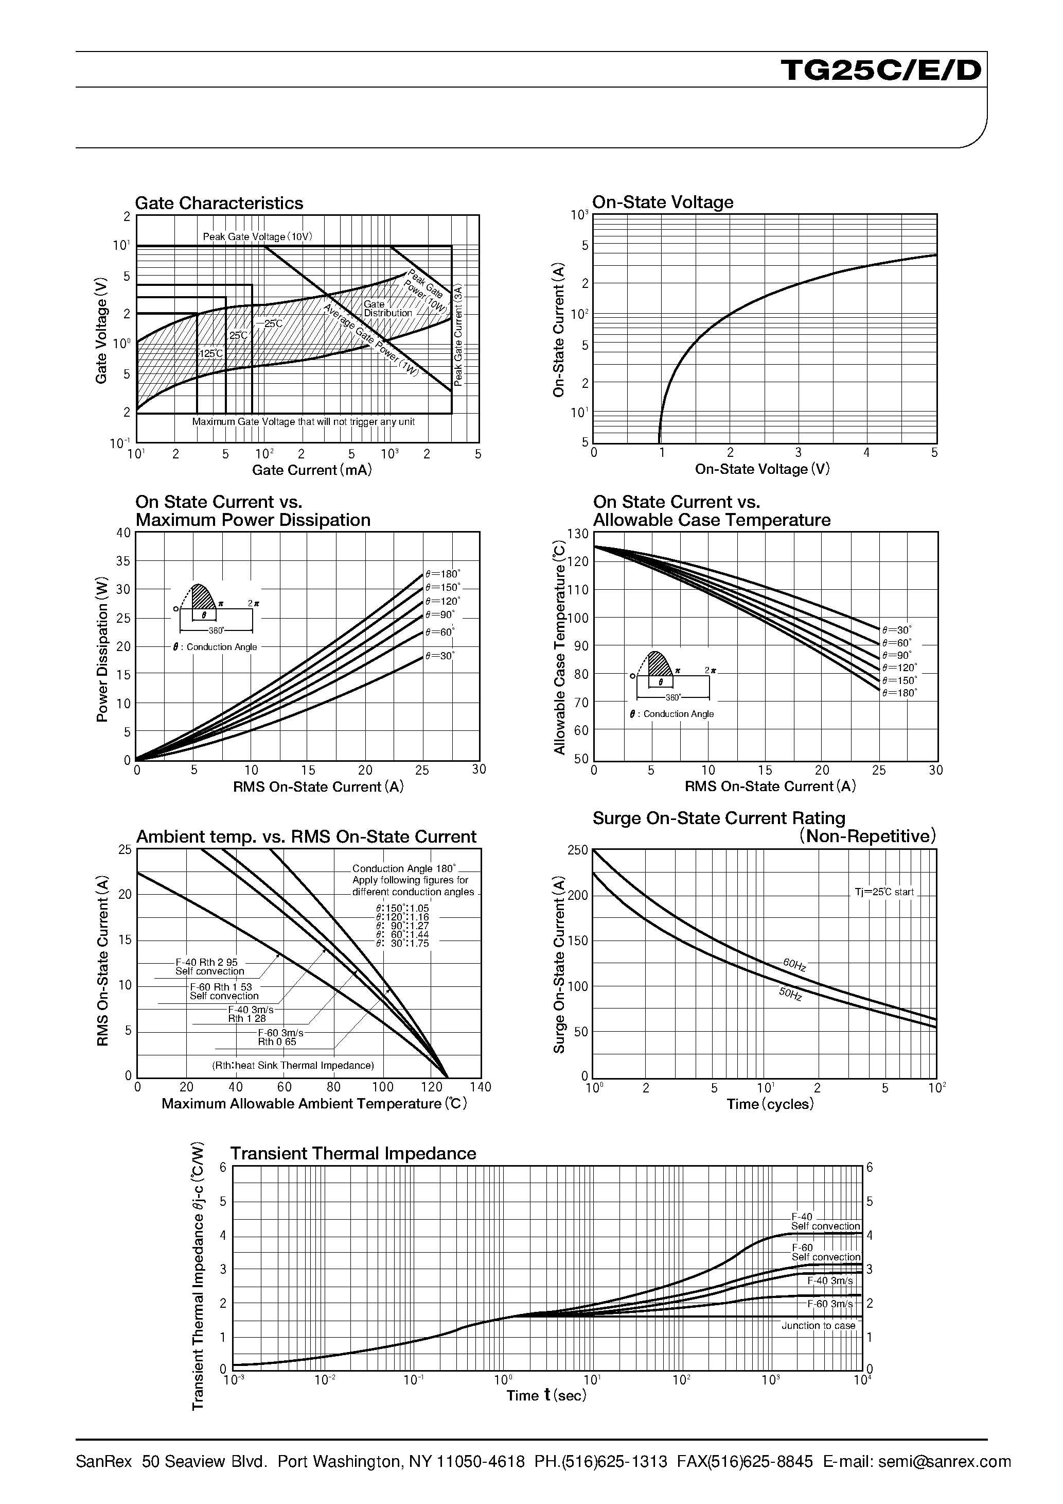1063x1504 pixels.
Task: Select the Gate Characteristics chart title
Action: (x=219, y=203)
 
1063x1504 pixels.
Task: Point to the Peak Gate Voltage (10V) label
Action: (x=257, y=236)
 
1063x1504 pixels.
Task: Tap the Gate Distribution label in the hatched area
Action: (x=387, y=309)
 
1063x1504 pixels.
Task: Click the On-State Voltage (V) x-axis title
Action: (x=762, y=469)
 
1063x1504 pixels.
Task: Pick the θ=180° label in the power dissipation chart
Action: (x=442, y=574)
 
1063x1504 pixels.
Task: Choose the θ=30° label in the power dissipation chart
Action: (x=439, y=655)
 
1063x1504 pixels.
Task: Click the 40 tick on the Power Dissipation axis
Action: (x=123, y=533)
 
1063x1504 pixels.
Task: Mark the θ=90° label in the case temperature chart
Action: (x=896, y=655)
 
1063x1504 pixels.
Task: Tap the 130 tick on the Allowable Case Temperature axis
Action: (x=578, y=534)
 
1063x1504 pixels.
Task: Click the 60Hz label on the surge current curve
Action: (x=794, y=964)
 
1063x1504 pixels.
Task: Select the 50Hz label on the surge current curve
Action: (x=790, y=994)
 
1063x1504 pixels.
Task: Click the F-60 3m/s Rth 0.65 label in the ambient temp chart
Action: (x=279, y=1037)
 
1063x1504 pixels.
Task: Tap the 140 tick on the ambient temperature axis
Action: (x=481, y=1087)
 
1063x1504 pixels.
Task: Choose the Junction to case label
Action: (x=818, y=1326)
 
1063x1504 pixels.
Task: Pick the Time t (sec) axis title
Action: (x=546, y=1396)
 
